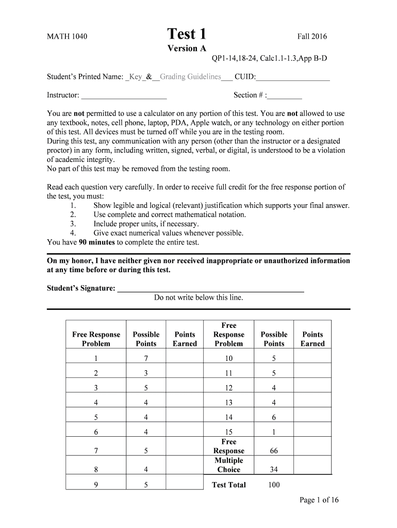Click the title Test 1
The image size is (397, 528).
187,34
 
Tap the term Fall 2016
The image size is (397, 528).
311,37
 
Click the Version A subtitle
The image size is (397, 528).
187,48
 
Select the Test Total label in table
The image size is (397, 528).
228,485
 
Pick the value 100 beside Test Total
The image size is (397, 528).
274,485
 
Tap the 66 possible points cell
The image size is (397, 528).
274,451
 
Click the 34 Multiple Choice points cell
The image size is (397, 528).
274,470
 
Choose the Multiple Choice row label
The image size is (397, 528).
228,465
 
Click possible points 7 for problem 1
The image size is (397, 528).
146,358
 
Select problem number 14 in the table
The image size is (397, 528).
228,418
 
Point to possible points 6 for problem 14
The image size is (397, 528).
274,418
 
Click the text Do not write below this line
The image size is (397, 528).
198,298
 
